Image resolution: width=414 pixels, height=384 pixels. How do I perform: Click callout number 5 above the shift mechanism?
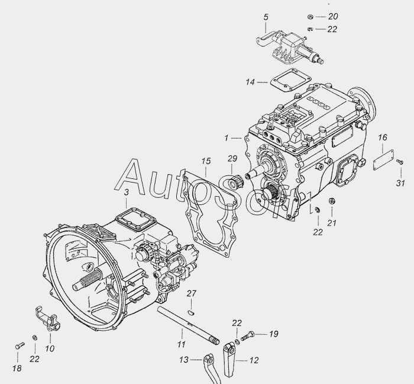pos(266,17)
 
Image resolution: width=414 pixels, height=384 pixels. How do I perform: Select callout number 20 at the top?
pos(333,17)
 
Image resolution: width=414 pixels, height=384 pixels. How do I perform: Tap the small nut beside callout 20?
pos(310,17)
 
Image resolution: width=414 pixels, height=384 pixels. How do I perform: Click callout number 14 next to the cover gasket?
pos(250,82)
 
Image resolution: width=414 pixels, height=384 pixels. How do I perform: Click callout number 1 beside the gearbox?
pos(227,138)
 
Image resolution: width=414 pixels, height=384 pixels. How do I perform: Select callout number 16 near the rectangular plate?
pos(382,137)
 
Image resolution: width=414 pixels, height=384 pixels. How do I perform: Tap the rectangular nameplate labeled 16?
pos(383,160)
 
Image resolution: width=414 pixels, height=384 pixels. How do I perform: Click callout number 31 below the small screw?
pos(400,183)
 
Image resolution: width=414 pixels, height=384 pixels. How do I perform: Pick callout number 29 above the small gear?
pos(232,159)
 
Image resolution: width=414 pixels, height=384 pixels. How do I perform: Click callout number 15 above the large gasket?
pos(206,161)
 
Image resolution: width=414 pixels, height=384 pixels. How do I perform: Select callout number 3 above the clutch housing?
pos(127,192)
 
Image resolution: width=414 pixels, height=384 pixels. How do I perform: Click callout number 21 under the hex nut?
pos(332,223)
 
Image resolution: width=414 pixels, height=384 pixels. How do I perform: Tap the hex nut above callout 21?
pos(332,201)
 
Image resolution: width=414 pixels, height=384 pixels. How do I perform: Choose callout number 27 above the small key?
pos(192,293)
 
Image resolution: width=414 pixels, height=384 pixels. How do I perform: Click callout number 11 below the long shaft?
pos(181,344)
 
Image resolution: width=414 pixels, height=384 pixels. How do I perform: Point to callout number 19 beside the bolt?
pos(273,334)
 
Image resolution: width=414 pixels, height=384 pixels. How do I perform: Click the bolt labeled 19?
pos(247,336)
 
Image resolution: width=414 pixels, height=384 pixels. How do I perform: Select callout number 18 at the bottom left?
pos(17,368)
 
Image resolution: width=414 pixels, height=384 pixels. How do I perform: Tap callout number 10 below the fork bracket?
pos(50,348)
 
